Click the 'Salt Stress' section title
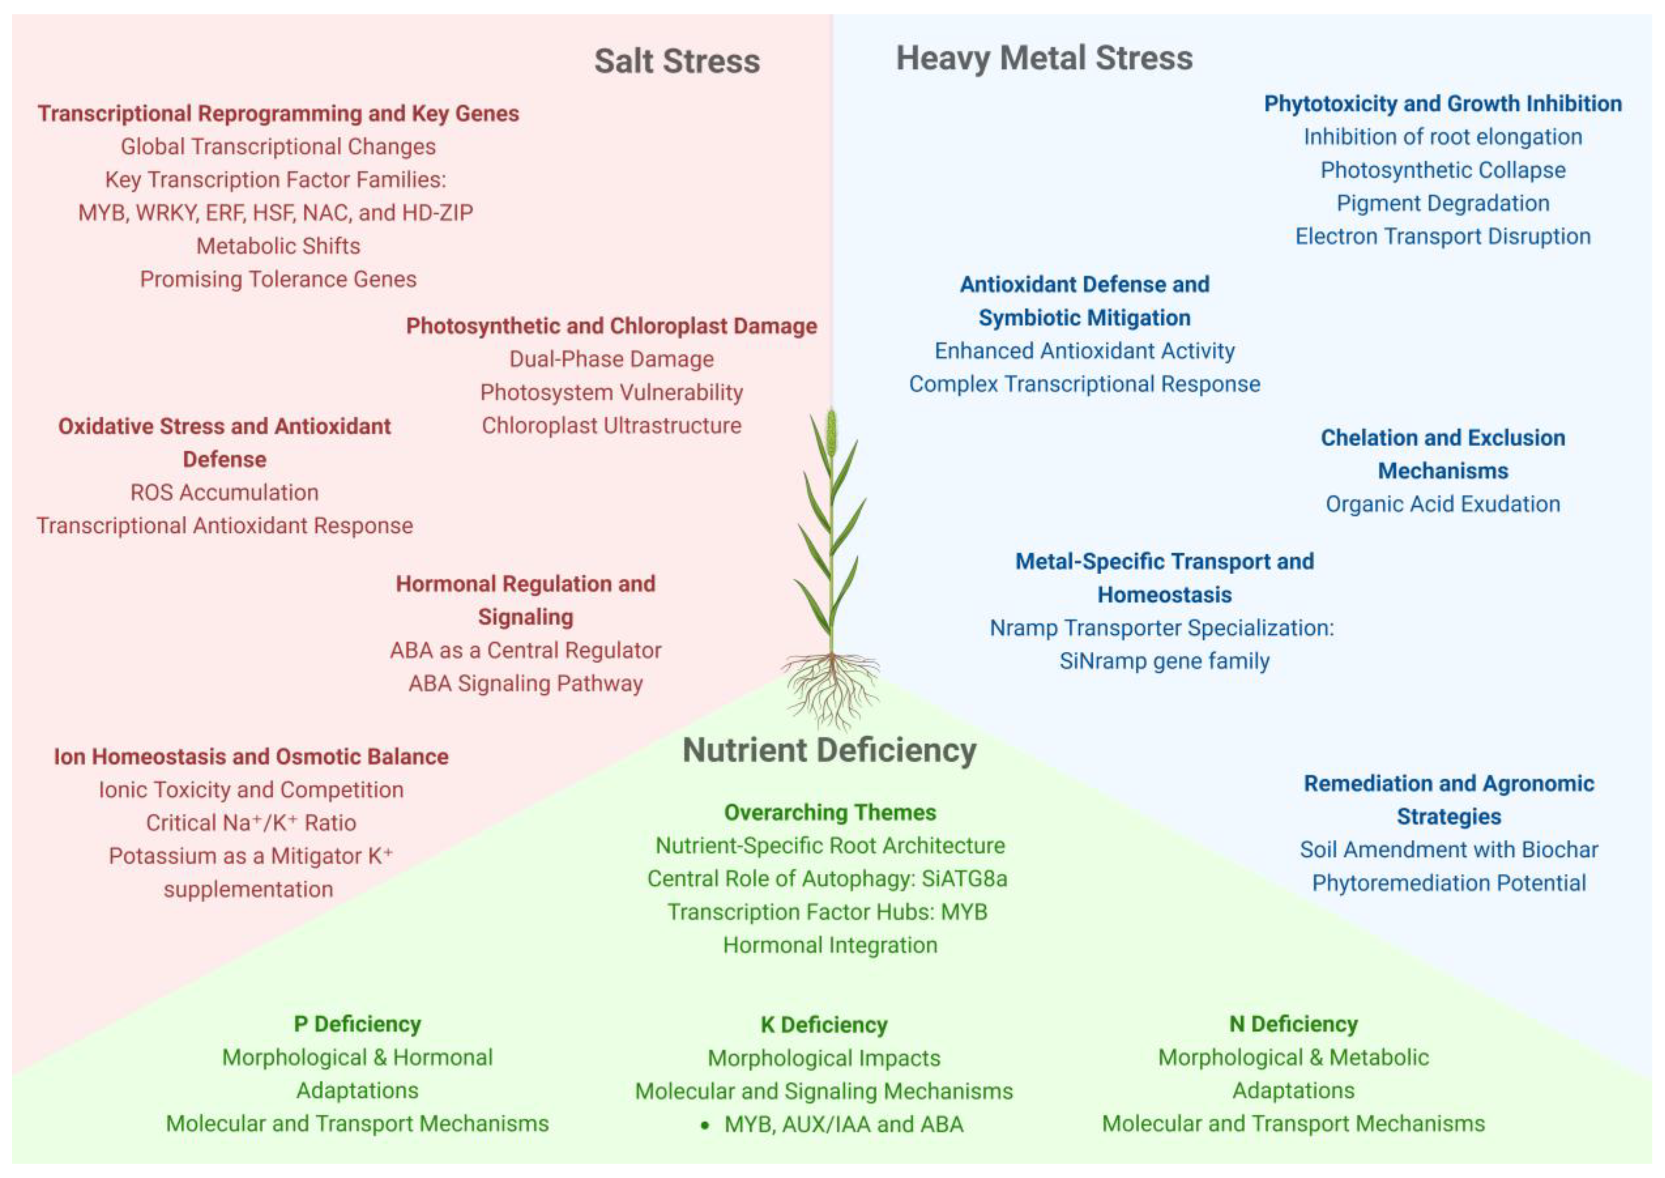click(x=677, y=61)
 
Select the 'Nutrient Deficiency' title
click(x=829, y=750)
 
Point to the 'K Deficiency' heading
click(x=824, y=1024)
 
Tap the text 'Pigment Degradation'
click(x=1442, y=203)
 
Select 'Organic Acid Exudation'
click(x=1442, y=504)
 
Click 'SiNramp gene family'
click(x=1164, y=661)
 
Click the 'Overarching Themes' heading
click(x=829, y=812)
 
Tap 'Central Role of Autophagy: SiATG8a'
click(x=827, y=878)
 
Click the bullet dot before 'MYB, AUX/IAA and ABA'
click(x=704, y=1125)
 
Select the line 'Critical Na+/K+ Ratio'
click(x=251, y=823)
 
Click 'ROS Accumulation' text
click(x=224, y=492)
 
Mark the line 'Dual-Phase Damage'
click(x=611, y=359)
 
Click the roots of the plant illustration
click(x=831, y=689)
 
